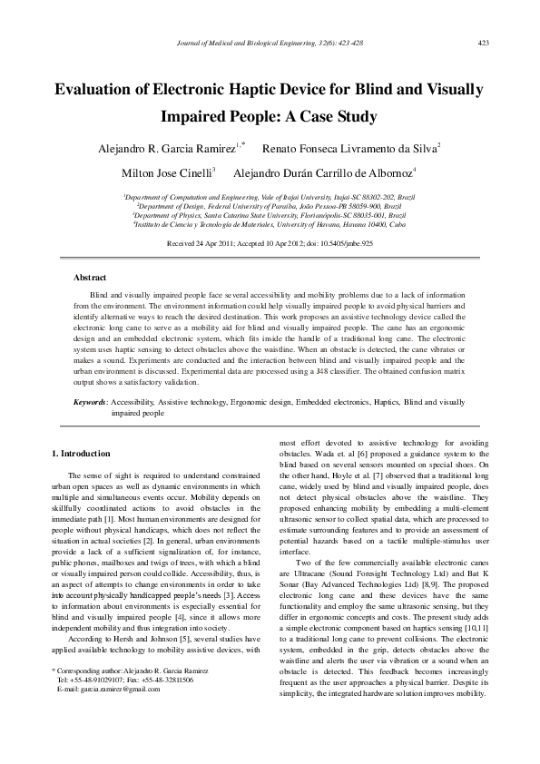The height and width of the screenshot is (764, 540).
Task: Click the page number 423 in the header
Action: tap(484, 43)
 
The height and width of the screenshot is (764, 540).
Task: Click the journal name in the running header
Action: tap(270, 43)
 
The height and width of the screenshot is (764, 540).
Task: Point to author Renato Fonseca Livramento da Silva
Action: tap(349, 147)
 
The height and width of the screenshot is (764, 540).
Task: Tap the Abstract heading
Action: tap(90, 278)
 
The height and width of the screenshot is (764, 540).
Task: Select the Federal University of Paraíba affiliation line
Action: tap(270, 206)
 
